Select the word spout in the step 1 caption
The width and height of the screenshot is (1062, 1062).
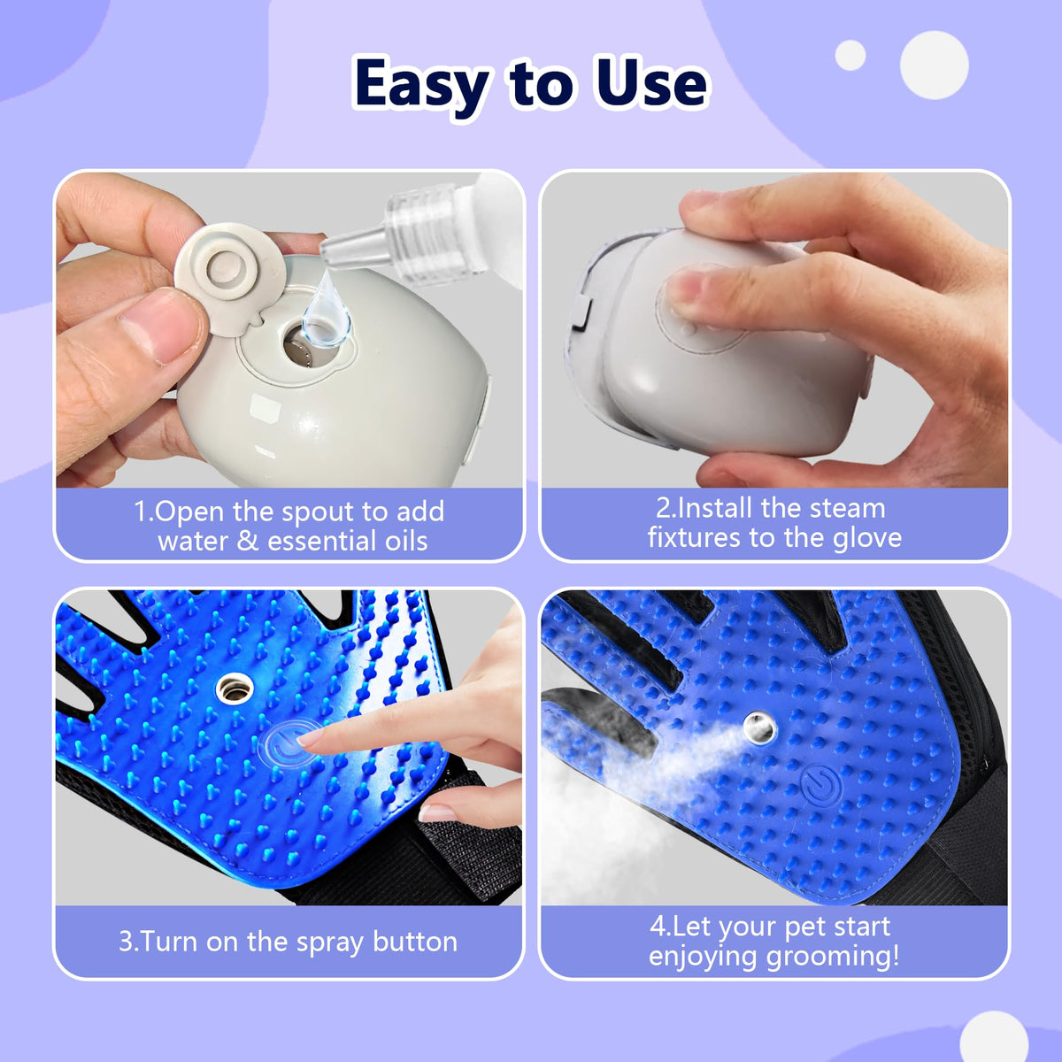pos(318,513)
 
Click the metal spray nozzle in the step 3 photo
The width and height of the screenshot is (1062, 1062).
pos(235,689)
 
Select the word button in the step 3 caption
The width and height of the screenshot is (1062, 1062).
pos(415,942)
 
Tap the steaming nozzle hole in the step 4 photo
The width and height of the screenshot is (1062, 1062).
pos(760,727)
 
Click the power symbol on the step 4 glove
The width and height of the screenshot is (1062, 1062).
pos(822,784)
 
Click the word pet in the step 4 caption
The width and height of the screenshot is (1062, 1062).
pos(804,927)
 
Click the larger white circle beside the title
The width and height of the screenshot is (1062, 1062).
pos(934,65)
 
